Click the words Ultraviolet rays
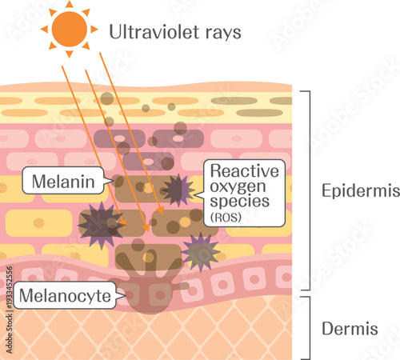(174, 33)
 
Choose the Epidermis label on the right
(353, 192)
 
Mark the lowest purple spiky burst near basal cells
(200, 252)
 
